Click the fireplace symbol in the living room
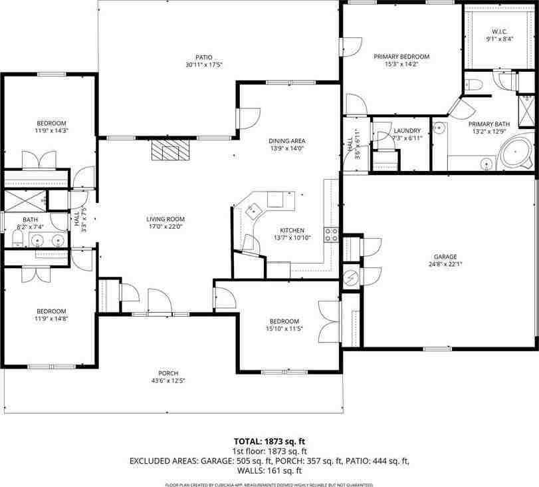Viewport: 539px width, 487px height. click(x=169, y=151)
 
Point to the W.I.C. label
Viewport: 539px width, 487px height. click(x=499, y=31)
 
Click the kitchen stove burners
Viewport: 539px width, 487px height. click(x=330, y=234)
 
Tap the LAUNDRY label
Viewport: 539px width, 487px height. click(x=407, y=130)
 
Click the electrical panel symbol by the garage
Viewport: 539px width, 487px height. click(x=350, y=276)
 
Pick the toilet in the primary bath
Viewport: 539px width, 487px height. click(x=473, y=84)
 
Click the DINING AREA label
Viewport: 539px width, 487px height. click(x=286, y=140)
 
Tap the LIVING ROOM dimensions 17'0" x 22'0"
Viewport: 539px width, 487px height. click(x=165, y=227)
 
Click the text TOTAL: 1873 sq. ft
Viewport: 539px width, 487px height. click(x=269, y=440)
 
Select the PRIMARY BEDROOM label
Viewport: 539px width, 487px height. click(x=401, y=57)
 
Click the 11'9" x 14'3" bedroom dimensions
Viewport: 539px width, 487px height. click(x=51, y=131)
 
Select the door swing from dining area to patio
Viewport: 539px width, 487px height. click(x=248, y=118)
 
